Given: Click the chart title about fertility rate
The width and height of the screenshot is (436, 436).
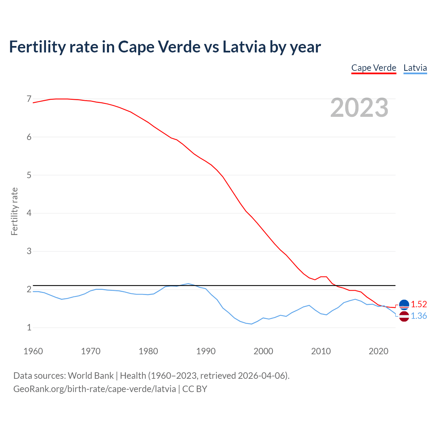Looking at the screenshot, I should (x=165, y=47).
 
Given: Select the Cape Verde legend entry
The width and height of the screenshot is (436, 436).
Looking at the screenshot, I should (x=374, y=68).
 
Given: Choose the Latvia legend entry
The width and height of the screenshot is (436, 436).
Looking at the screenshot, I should (x=415, y=68).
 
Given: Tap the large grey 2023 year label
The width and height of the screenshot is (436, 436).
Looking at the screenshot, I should (x=359, y=108).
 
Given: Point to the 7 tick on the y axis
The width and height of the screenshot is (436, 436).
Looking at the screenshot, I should (x=29, y=99).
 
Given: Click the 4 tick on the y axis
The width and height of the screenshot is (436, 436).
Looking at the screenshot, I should (x=29, y=213).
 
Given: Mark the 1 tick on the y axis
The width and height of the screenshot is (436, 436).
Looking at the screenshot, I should (x=29, y=328).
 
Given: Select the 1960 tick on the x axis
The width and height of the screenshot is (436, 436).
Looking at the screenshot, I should (x=33, y=351).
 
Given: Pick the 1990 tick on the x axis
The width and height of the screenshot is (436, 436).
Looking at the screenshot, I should (x=206, y=351).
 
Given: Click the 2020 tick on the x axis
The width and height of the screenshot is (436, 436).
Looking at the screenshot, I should (x=378, y=351).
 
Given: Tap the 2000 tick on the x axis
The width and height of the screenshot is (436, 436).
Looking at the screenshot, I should (x=263, y=351).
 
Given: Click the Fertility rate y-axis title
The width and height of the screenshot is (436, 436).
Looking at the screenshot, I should (x=14, y=211).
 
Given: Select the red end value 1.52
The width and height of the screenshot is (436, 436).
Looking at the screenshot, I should (x=419, y=304).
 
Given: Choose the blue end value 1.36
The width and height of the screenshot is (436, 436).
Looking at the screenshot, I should (x=419, y=316).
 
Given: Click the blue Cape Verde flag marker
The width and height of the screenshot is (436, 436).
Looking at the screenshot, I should (x=404, y=305).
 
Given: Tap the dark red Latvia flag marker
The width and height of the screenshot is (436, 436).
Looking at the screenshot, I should (x=404, y=316).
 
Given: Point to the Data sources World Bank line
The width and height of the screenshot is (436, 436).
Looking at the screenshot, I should (x=151, y=376).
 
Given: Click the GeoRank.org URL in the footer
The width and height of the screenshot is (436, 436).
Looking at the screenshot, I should (x=95, y=389).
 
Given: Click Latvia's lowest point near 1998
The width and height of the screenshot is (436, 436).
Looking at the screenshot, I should (x=251, y=324).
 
